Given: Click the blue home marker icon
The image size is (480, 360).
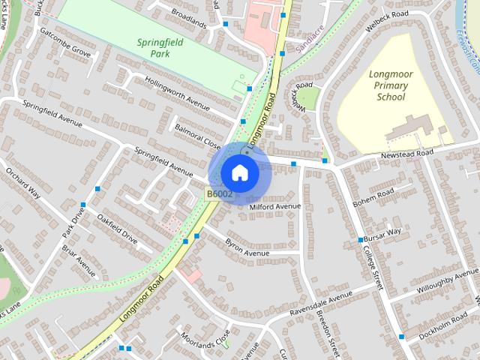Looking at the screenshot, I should (239, 172).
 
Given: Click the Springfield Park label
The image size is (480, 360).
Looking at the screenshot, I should (160, 48).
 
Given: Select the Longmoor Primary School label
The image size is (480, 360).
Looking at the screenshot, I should (391, 85).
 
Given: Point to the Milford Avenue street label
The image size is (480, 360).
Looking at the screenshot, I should (274, 206).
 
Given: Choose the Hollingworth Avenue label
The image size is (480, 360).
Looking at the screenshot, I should (177, 91).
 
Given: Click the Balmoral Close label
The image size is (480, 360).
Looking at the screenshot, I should (197, 135).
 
